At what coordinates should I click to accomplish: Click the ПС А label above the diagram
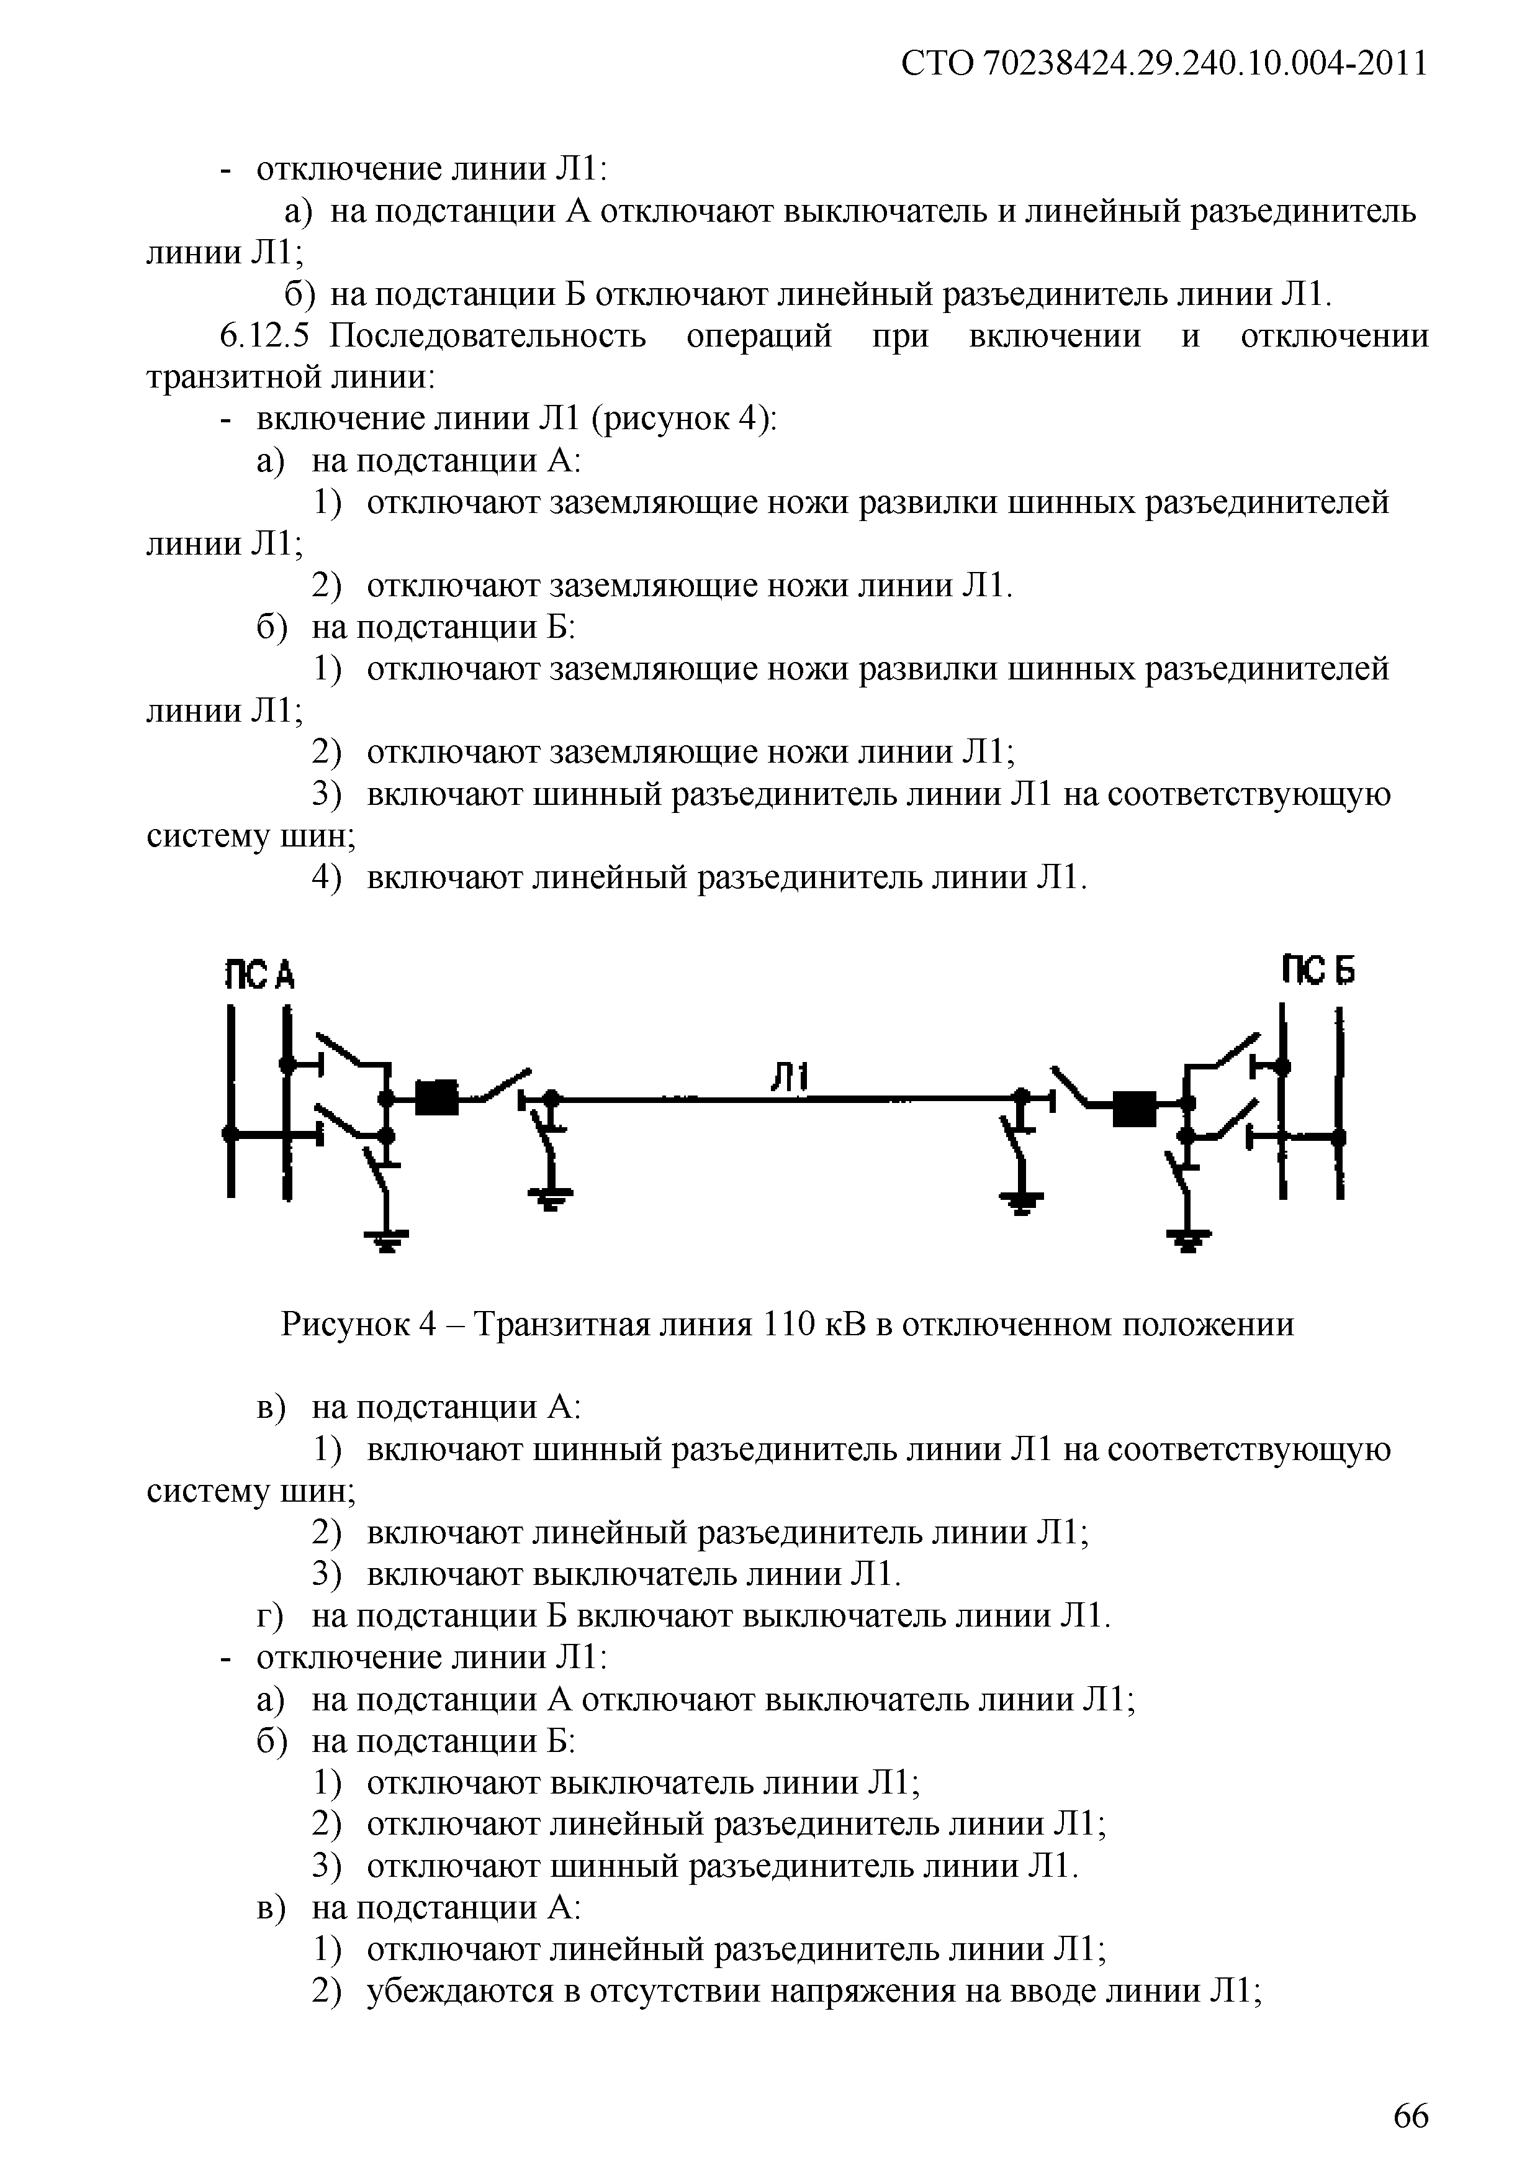pyautogui.click(x=259, y=974)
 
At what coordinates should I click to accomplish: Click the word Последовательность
pyautogui.click(x=489, y=336)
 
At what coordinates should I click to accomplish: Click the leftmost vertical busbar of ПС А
pyautogui.click(x=230, y=1100)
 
